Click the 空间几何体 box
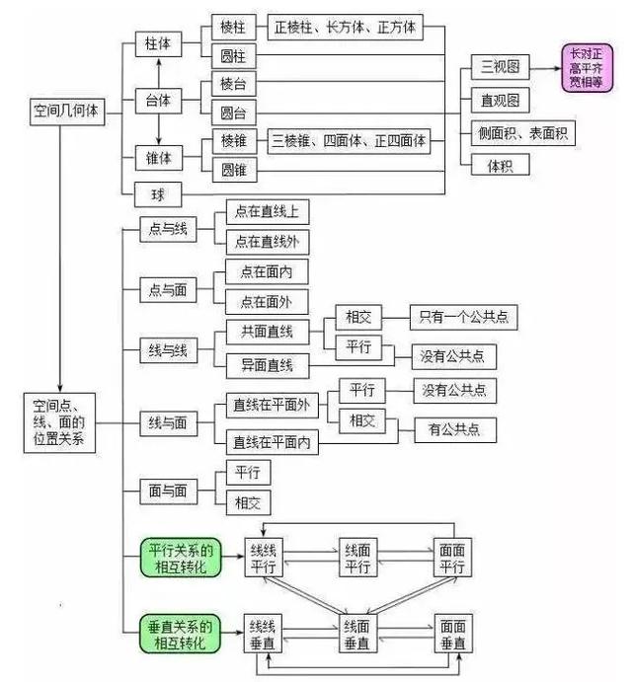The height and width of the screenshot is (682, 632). pos(67,112)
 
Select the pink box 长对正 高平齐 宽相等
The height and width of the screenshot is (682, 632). pos(588,68)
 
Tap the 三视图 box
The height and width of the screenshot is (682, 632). pos(500,67)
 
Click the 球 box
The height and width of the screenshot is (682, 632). pos(158,194)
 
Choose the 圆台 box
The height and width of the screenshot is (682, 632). pos(234,114)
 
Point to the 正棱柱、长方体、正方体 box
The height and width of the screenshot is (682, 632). pos(346,28)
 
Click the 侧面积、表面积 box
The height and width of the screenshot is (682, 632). pos(523,133)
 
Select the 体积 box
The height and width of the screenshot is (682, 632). pos(500,165)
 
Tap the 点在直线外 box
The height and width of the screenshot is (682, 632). pos(268,242)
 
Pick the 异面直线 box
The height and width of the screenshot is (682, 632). pos(268,365)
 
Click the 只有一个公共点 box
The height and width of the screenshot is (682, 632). pos(464,317)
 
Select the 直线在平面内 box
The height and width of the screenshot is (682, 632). pos(272,442)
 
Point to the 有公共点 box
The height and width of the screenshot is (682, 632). pos(455,430)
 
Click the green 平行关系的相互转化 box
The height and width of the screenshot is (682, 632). pos(181,558)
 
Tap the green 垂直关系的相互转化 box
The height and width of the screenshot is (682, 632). pos(180,634)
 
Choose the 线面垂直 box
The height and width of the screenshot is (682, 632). pos(357,634)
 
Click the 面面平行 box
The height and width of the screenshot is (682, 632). pos(452,558)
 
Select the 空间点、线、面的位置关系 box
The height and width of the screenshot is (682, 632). pos(59,422)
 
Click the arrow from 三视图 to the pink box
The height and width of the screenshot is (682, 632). pos(545,68)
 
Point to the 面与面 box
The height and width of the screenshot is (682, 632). pos(169,492)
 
